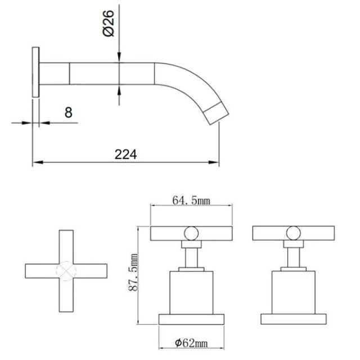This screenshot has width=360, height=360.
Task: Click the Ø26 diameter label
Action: point(108,23)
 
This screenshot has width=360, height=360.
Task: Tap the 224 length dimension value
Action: point(125,154)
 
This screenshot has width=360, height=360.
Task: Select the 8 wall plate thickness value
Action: point(69,112)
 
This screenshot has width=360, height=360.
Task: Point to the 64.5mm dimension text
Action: point(191,200)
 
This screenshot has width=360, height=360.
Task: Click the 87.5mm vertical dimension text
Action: point(133,272)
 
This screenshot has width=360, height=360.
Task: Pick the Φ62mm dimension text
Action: point(191,343)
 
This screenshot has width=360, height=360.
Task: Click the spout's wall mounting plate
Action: point(35,72)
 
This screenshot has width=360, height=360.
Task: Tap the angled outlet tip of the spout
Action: point(216,114)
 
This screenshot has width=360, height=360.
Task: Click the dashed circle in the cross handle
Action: point(66,271)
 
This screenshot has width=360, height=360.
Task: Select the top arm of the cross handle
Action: point(66,247)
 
